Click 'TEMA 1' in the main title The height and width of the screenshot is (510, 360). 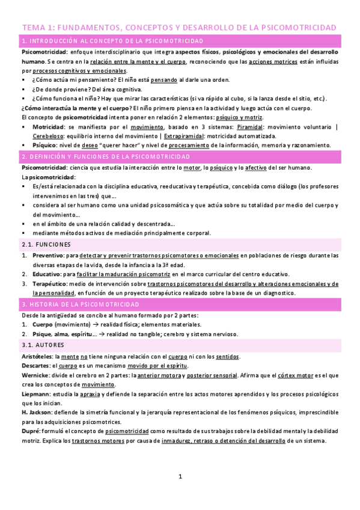click(38, 28)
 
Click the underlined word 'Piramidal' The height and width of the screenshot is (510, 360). click(249, 127)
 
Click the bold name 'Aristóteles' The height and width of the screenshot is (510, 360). click(39, 357)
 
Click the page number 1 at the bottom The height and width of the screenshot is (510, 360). click(180, 477)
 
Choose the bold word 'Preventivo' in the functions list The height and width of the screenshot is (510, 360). click(49, 256)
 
